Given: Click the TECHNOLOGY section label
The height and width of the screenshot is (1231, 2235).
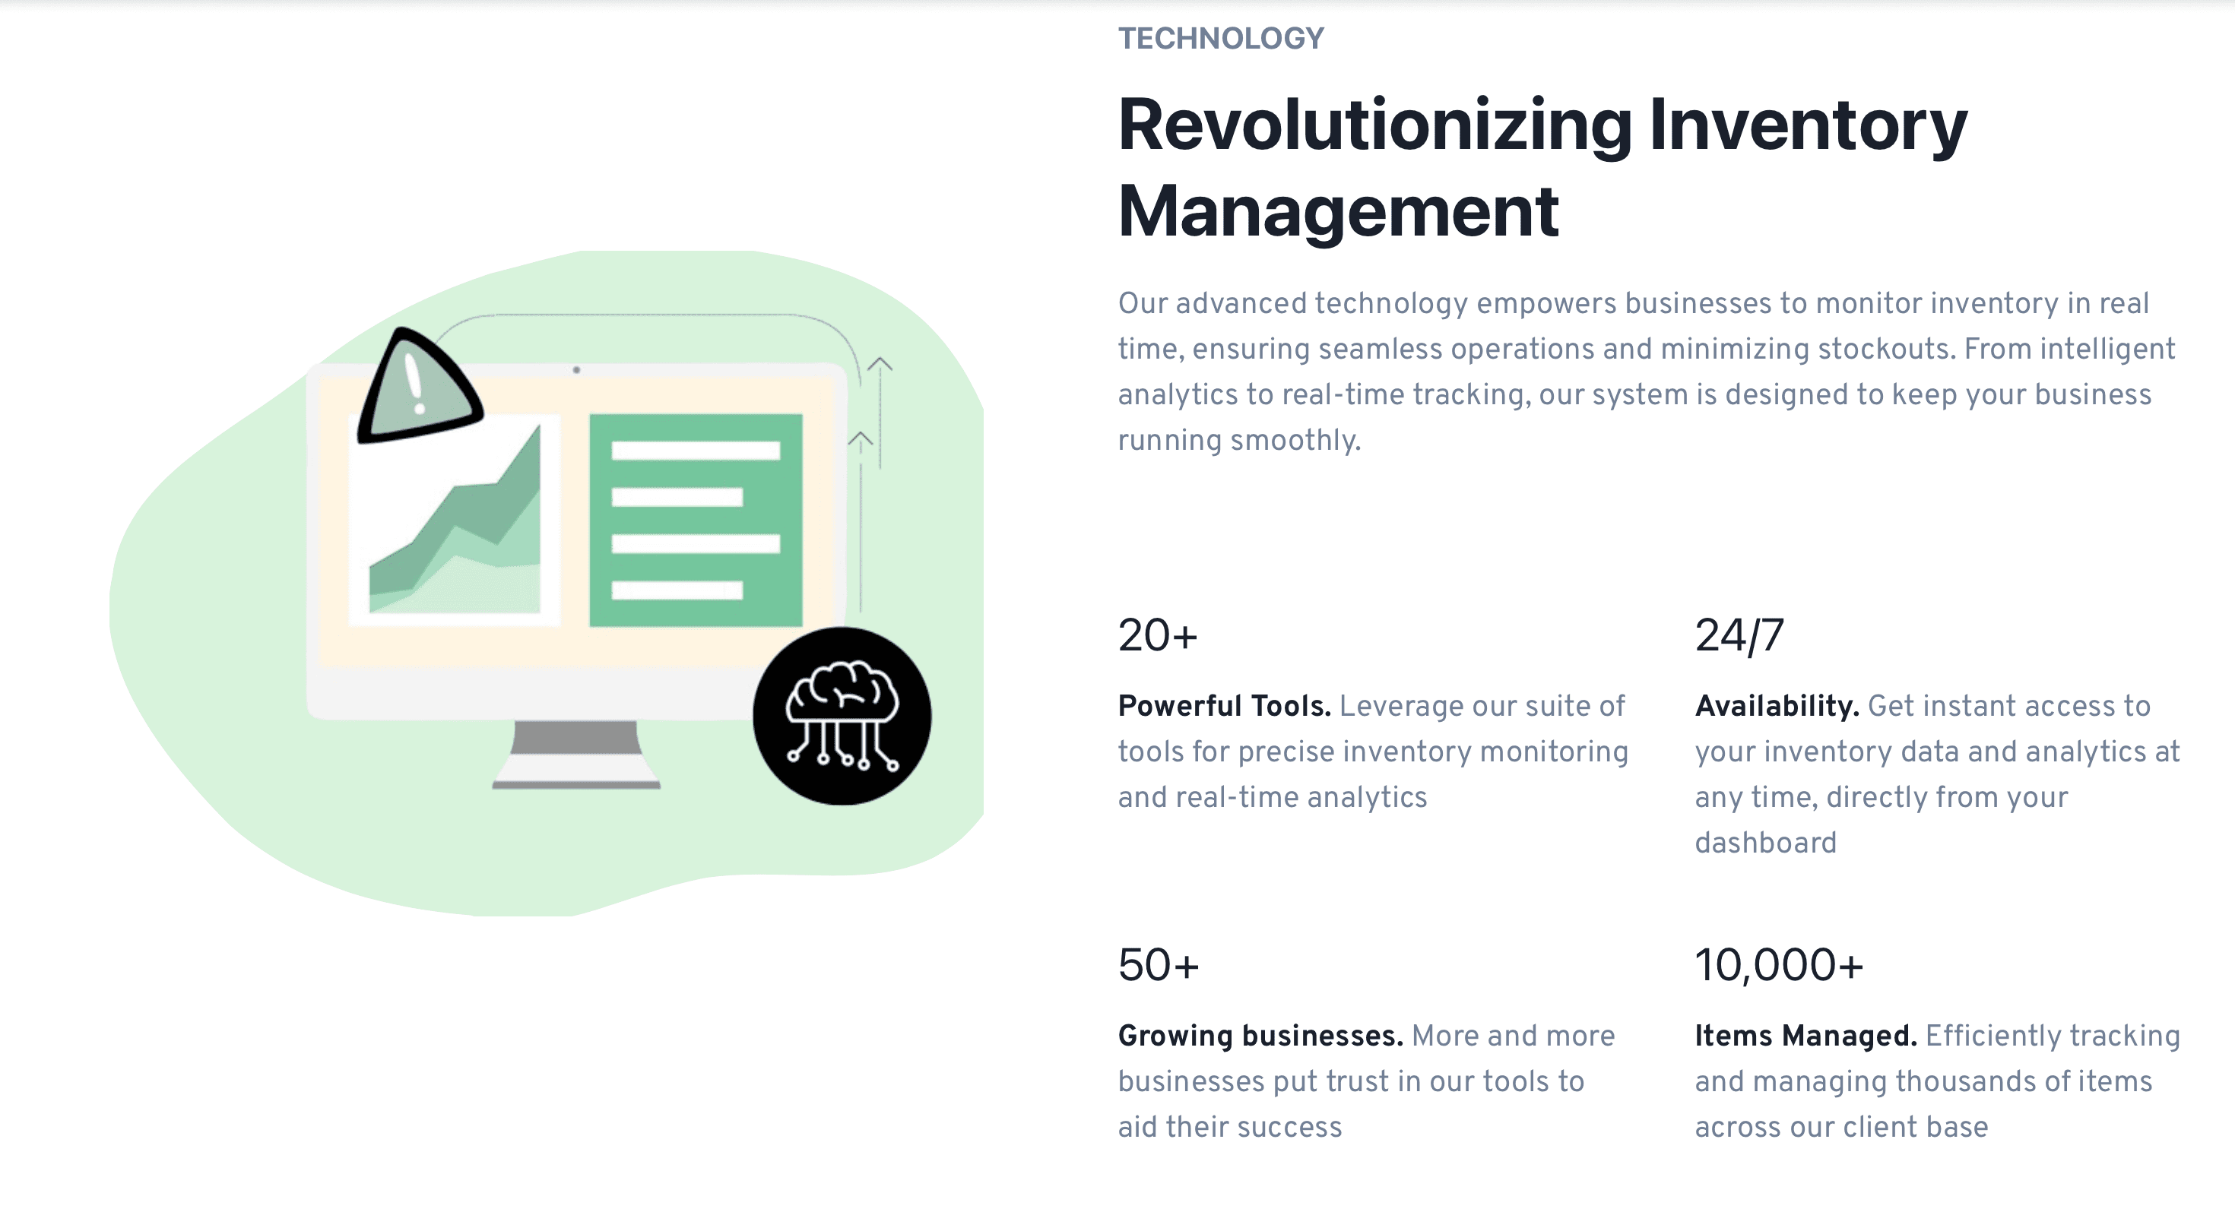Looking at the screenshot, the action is [1221, 38].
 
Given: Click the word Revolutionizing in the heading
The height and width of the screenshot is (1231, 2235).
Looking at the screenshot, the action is [1375, 126].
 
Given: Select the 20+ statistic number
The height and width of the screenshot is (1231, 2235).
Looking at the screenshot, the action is [1157, 635].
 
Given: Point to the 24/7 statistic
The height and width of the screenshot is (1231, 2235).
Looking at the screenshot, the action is [1739, 635].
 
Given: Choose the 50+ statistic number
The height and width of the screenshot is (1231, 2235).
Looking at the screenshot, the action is [1159, 965].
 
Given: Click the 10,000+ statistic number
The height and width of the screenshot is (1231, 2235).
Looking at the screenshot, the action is [1779, 965].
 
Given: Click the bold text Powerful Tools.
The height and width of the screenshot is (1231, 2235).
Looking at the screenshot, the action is [1224, 705].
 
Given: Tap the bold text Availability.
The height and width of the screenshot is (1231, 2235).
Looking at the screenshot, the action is [1777, 705].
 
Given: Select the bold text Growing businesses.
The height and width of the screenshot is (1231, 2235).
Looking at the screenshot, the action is [1260, 1035].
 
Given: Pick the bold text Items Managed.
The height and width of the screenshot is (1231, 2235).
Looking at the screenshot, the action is [1805, 1035].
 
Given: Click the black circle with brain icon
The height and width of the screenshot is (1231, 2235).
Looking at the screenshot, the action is [842, 716].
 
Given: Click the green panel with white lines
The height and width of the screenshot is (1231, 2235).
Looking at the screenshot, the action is [696, 520].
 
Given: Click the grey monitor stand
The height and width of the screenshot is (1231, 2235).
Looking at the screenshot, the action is [576, 754].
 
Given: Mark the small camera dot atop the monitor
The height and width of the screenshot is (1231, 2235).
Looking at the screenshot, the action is [576, 369].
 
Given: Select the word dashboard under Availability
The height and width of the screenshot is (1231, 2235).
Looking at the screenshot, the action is [1766, 843].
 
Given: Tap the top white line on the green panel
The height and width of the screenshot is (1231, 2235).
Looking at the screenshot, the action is [696, 451].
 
